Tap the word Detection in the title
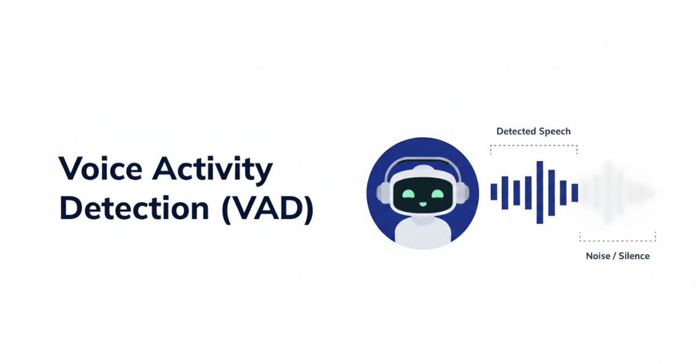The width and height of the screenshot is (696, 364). click(134, 208)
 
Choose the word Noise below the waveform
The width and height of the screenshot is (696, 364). click(597, 256)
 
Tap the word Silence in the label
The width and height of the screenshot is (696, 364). click(635, 256)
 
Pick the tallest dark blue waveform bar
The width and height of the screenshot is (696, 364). click(539, 192)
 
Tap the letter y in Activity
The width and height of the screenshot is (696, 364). click(263, 173)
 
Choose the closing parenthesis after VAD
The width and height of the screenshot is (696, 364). click(307, 208)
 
